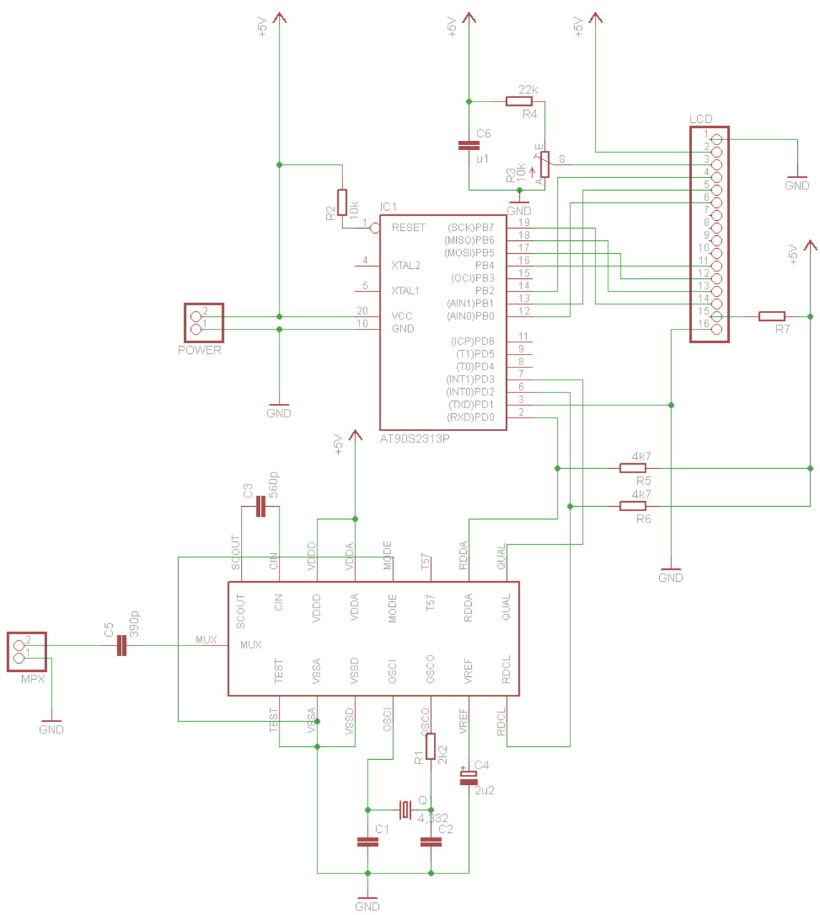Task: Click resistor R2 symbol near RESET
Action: click(342, 202)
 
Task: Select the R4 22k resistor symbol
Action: click(519, 102)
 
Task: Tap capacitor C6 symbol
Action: click(468, 146)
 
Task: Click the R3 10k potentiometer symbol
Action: click(545, 164)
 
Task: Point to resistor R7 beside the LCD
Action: click(771, 316)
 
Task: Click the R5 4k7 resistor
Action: click(632, 468)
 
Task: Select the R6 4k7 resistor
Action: click(632, 506)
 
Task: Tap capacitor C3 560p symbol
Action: click(260, 508)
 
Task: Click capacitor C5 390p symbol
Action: click(122, 646)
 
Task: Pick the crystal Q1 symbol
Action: click(405, 810)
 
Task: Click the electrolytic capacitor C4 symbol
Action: click(468, 777)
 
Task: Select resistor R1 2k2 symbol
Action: click(430, 746)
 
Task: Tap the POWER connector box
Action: click(204, 322)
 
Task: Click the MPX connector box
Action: click(27, 651)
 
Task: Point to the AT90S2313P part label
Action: click(415, 439)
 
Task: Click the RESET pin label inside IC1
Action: click(408, 227)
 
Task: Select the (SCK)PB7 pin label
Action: click(470, 227)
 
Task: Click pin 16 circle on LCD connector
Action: click(716, 329)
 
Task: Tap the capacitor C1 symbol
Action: click(367, 842)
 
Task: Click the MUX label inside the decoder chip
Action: click(250, 645)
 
